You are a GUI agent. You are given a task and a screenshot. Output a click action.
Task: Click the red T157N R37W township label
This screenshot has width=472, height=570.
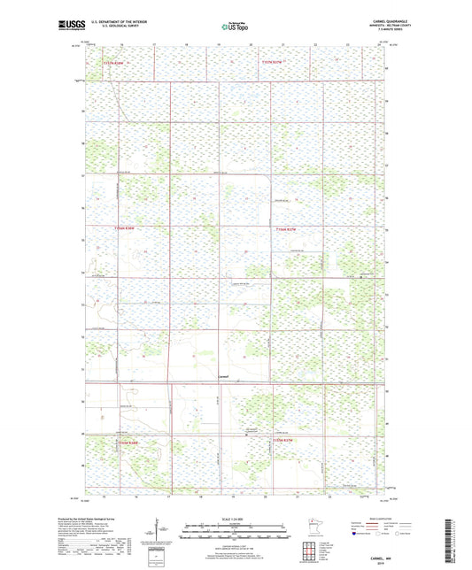274,63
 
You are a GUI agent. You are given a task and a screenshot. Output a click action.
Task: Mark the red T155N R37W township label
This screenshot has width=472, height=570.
282,440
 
